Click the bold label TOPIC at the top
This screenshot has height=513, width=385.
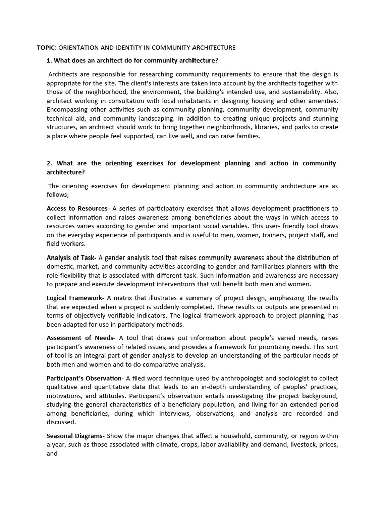tap(47, 48)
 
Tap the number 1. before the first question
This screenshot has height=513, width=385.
tap(49, 61)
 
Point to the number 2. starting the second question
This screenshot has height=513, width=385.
tap(50, 163)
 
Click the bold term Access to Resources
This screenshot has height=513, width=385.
tap(77, 208)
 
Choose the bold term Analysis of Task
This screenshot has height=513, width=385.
tap(70, 258)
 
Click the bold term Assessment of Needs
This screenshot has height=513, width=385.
tap(81, 338)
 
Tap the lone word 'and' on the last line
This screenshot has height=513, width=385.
tap(52, 454)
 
